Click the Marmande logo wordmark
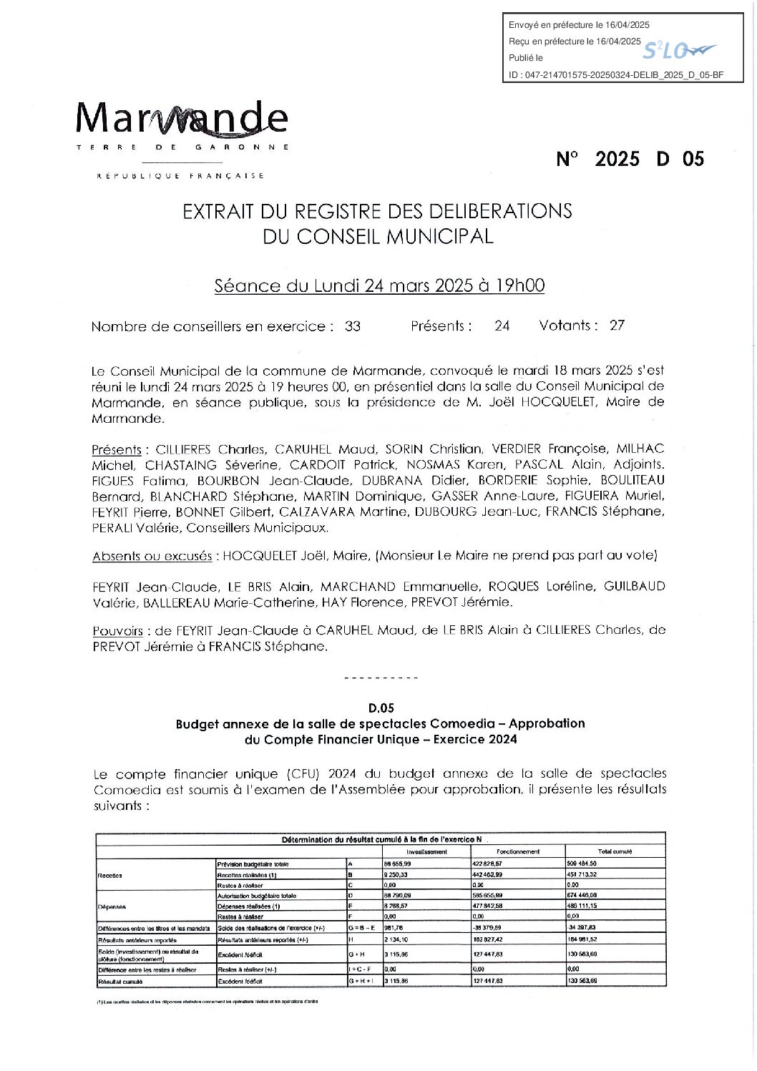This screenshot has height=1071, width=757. point(182,118)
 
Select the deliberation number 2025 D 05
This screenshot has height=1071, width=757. point(630,159)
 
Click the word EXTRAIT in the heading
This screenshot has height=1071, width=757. point(215,211)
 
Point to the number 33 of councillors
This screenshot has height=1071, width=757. point(353,326)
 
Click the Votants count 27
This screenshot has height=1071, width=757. point(617,326)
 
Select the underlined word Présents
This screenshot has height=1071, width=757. point(117,450)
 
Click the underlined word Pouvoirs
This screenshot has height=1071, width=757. point(117,631)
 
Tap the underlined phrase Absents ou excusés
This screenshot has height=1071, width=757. point(152,556)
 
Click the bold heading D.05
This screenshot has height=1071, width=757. point(381,708)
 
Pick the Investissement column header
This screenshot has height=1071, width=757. point(426,851)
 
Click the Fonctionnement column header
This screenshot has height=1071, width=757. point(518,851)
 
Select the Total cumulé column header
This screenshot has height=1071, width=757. point(615,851)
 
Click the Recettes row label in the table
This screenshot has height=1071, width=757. point(110,875)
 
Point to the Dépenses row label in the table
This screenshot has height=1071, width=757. point(112,906)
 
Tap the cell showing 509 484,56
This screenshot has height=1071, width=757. point(582,864)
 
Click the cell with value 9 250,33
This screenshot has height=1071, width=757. point(396,874)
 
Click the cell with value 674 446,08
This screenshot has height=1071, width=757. point(582,895)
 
